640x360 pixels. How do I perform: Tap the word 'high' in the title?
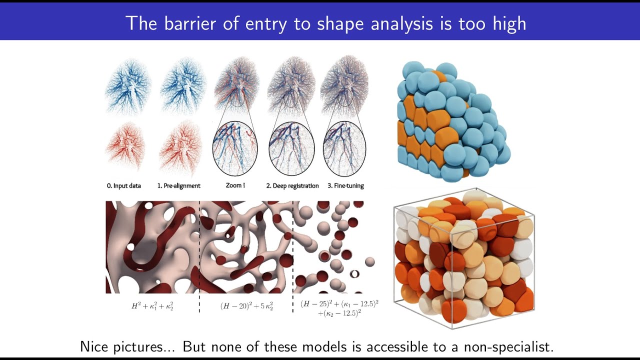click(x=508, y=23)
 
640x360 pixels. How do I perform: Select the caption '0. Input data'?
click(x=123, y=186)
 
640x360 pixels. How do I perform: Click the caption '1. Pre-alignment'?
click(x=178, y=186)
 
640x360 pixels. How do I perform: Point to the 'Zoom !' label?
click(x=235, y=186)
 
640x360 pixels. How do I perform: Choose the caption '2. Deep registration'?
click(x=292, y=186)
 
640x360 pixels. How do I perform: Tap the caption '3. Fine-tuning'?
click(x=345, y=186)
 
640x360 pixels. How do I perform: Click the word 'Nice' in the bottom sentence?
click(x=96, y=347)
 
